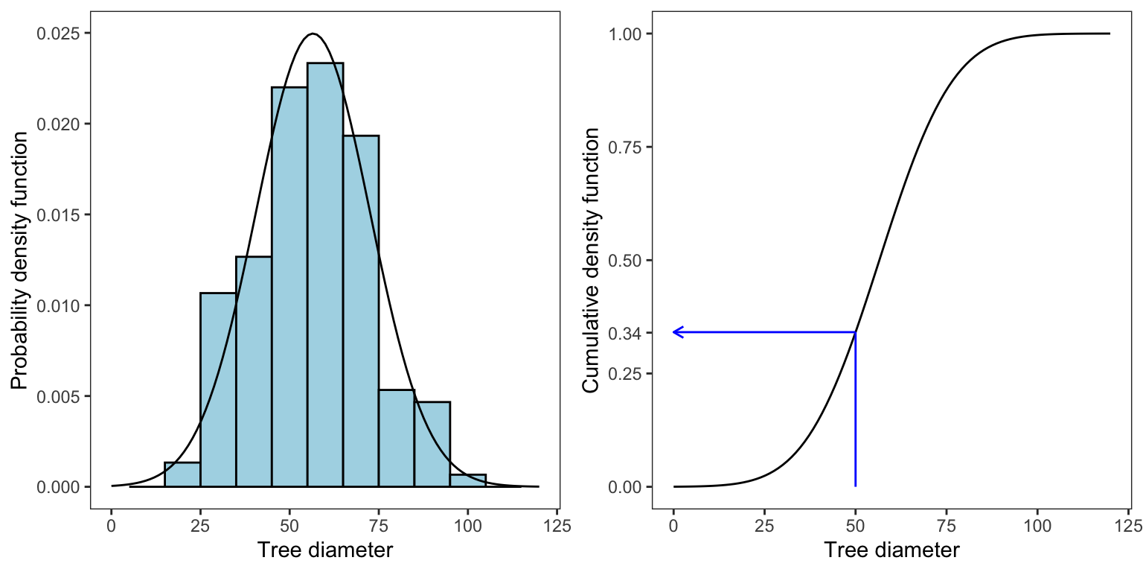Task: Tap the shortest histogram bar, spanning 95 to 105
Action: click(468, 480)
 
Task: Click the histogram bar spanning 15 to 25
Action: click(182, 474)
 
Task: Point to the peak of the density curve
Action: click(313, 34)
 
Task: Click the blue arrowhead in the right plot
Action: click(676, 332)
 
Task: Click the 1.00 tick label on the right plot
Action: click(630, 34)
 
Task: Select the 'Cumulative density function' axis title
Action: click(591, 260)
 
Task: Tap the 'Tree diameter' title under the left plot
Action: click(324, 551)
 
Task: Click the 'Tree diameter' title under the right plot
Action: click(891, 551)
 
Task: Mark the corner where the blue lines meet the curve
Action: click(856, 332)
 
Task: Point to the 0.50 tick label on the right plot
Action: click(630, 260)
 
